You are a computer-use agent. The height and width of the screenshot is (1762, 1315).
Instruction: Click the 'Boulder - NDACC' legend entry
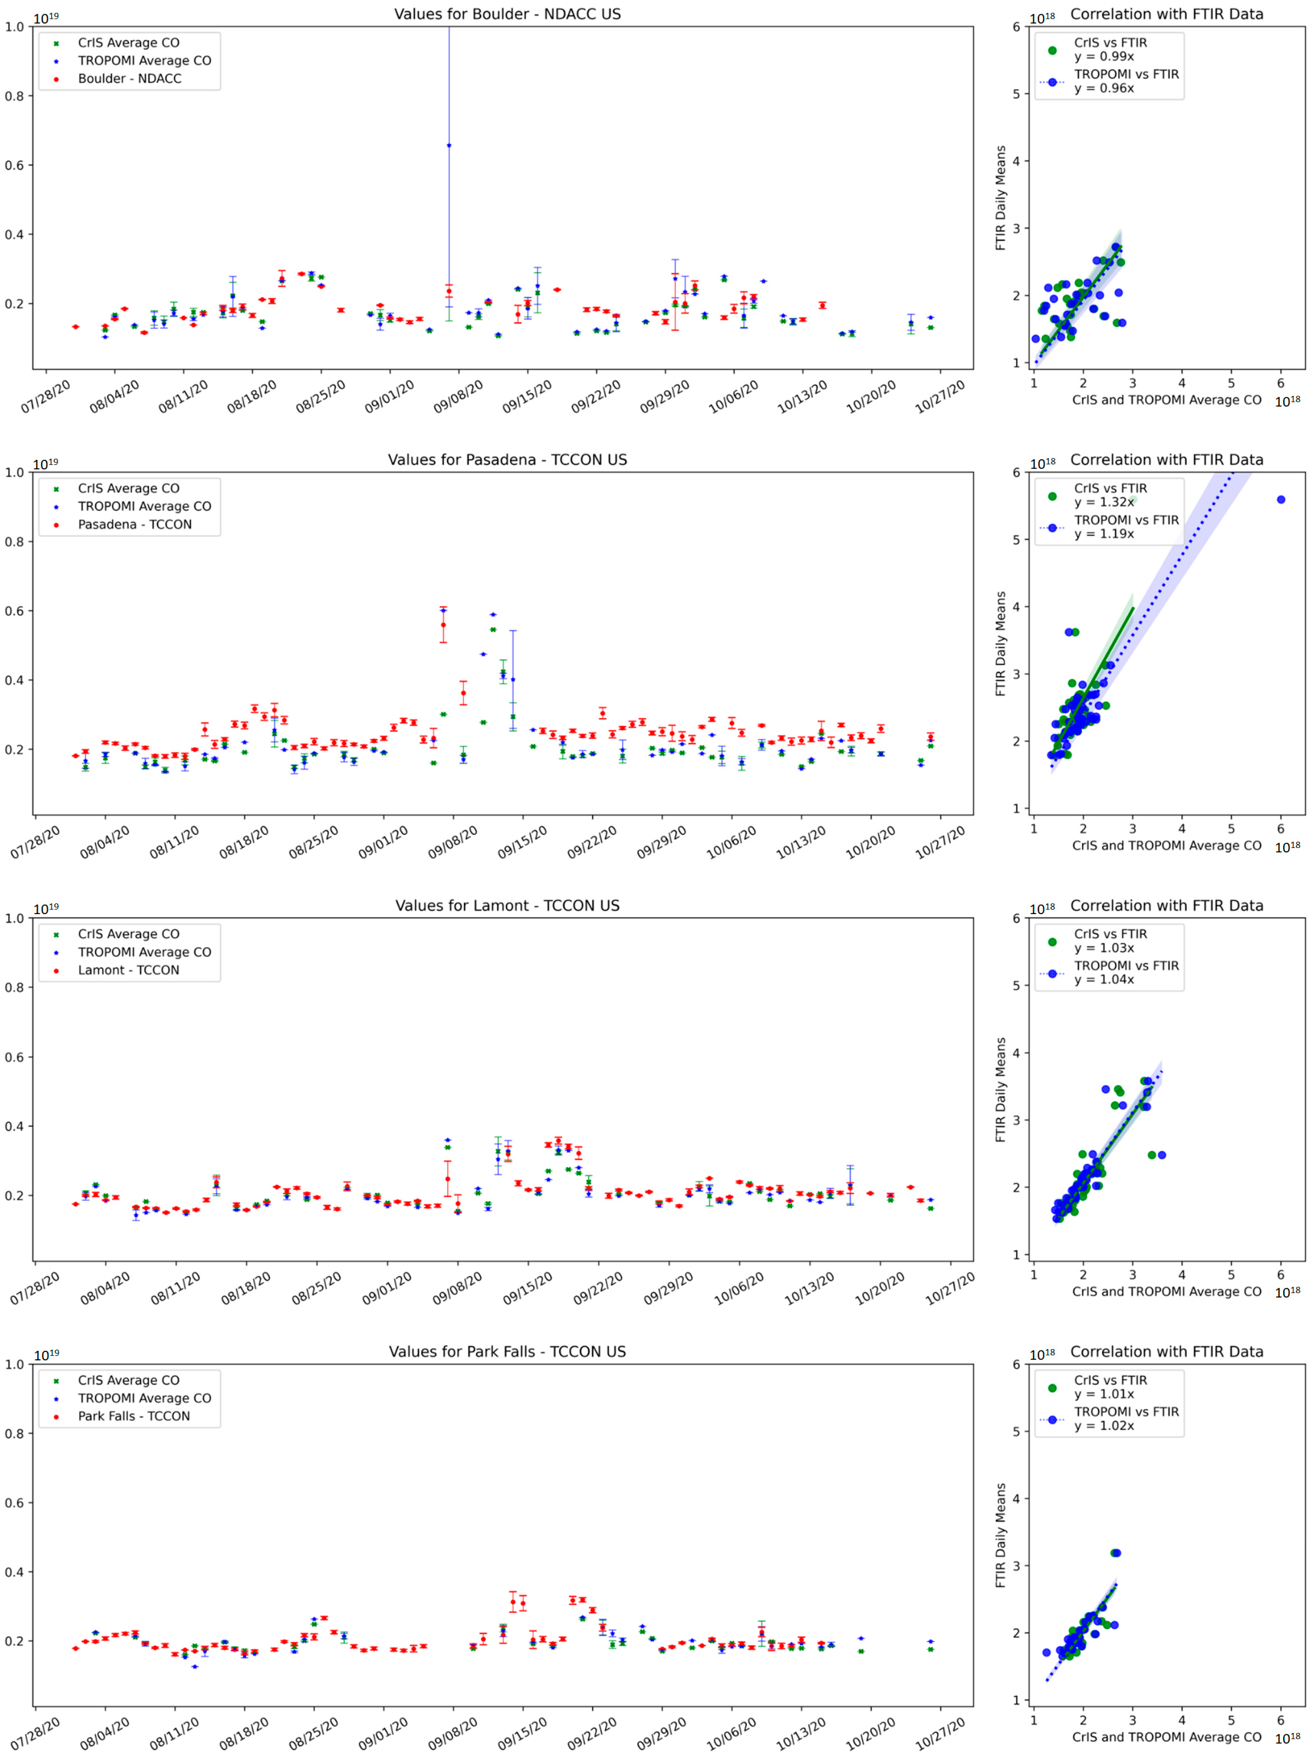coord(129,79)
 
